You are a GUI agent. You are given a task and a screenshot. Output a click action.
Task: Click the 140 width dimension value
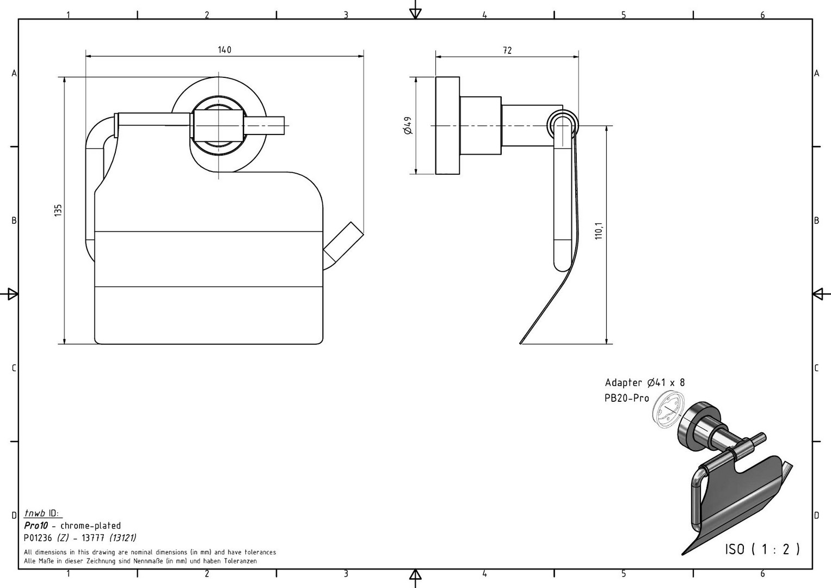pyautogui.click(x=224, y=50)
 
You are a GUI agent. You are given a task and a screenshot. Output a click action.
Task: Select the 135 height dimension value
pyautogui.click(x=58, y=210)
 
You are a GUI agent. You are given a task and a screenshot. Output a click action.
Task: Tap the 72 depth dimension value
pyautogui.click(x=507, y=51)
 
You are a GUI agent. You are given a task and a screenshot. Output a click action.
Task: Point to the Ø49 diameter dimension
pyautogui.click(x=408, y=126)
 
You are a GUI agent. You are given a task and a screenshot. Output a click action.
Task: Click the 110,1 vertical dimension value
pyautogui.click(x=599, y=231)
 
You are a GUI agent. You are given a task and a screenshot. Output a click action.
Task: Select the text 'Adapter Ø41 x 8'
pyautogui.click(x=644, y=383)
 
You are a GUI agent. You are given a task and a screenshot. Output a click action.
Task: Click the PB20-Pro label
pyautogui.click(x=626, y=398)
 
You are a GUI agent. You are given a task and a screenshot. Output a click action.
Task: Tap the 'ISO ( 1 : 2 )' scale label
pyautogui.click(x=762, y=549)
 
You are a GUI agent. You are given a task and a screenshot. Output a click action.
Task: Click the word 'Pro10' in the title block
pyautogui.click(x=36, y=526)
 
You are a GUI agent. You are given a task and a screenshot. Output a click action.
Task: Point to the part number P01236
pyautogui.click(x=38, y=538)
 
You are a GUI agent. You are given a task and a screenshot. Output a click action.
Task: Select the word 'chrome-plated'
pyautogui.click(x=90, y=526)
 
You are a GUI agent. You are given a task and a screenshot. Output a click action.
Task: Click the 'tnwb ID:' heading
pyautogui.click(x=44, y=513)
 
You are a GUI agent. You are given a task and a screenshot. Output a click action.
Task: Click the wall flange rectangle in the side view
pyautogui.click(x=447, y=126)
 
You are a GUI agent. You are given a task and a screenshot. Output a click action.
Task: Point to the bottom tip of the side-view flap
pyautogui.click(x=521, y=342)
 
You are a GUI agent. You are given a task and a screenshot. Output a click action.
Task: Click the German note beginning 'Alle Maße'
pyautogui.click(x=140, y=561)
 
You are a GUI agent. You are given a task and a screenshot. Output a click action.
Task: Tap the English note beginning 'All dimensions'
pyautogui.click(x=150, y=552)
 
